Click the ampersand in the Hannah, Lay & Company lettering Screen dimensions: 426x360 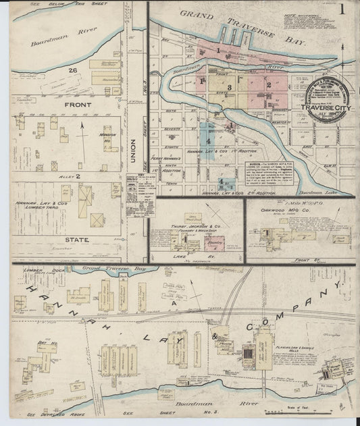pyautogui.click(x=217, y=335)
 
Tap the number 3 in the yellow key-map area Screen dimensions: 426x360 pyautogui.click(x=230, y=87)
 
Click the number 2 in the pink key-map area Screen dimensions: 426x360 pyautogui.click(x=268, y=85)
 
